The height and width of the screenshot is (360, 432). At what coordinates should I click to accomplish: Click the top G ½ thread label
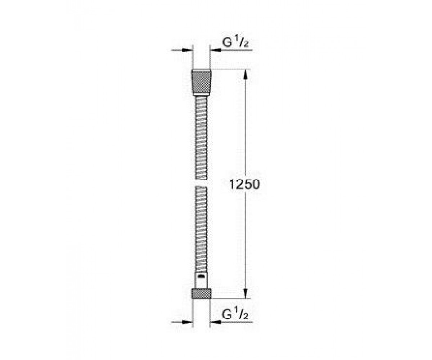235,42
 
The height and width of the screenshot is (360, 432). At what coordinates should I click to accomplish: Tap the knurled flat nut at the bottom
201,294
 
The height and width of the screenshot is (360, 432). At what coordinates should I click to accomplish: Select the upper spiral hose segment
201,138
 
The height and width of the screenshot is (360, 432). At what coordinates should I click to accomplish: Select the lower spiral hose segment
201,229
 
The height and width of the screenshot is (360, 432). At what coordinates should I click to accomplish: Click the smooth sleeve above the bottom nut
201,280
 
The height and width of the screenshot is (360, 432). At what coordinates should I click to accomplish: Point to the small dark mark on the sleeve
201,276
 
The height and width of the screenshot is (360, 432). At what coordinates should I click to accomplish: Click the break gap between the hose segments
201,183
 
